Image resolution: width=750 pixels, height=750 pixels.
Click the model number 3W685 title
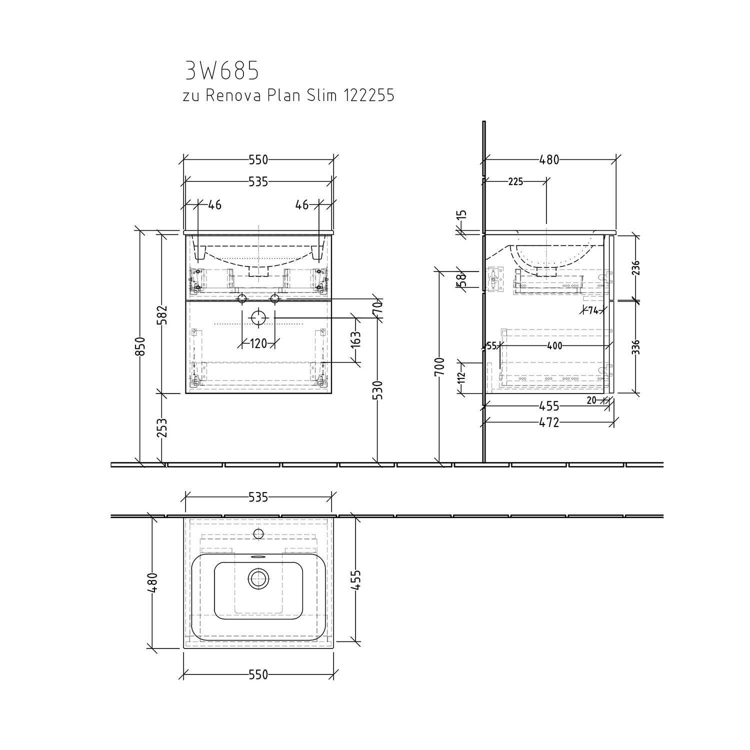coord(222,71)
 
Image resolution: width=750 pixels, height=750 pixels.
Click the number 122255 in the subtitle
coord(368,95)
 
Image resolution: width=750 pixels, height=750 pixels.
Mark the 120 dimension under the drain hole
coord(258,343)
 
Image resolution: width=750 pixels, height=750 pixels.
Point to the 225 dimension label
coord(515,181)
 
